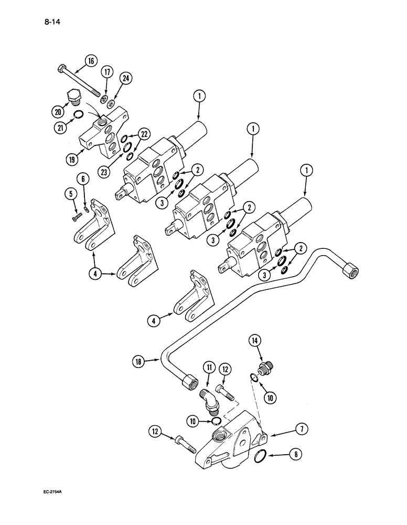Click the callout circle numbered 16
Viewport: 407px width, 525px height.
91,61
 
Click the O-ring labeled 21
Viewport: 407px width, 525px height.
78,115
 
